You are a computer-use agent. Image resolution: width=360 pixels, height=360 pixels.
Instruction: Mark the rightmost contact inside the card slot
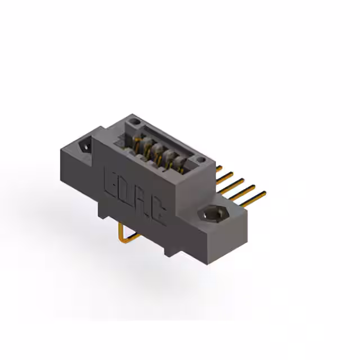(x=180, y=163)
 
